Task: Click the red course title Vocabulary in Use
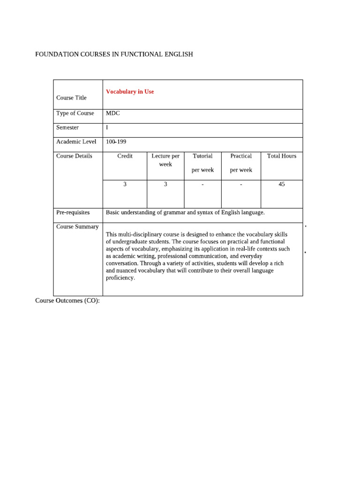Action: pyautogui.click(x=130, y=92)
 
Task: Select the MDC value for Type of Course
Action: pyautogui.click(x=113, y=113)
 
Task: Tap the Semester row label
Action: pyautogui.click(x=67, y=127)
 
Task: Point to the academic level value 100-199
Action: pyautogui.click(x=116, y=142)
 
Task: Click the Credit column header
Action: pyautogui.click(x=125, y=156)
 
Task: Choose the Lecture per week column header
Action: pyautogui.click(x=165, y=160)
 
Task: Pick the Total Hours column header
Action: pyautogui.click(x=282, y=156)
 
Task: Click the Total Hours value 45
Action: pyautogui.click(x=282, y=184)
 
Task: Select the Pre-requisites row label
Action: pyautogui.click(x=73, y=212)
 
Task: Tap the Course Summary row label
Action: pyautogui.click(x=77, y=227)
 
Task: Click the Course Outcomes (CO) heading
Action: pyautogui.click(x=67, y=300)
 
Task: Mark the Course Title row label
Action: pyautogui.click(x=71, y=98)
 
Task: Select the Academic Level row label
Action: pyautogui.click(x=76, y=142)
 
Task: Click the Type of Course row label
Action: pyautogui.click(x=75, y=113)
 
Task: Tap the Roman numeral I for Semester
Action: pyautogui.click(x=107, y=127)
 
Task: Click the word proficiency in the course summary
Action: pyautogui.click(x=120, y=278)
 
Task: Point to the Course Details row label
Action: pyautogui.click(x=74, y=156)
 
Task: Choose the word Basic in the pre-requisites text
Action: pyautogui.click(x=113, y=212)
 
